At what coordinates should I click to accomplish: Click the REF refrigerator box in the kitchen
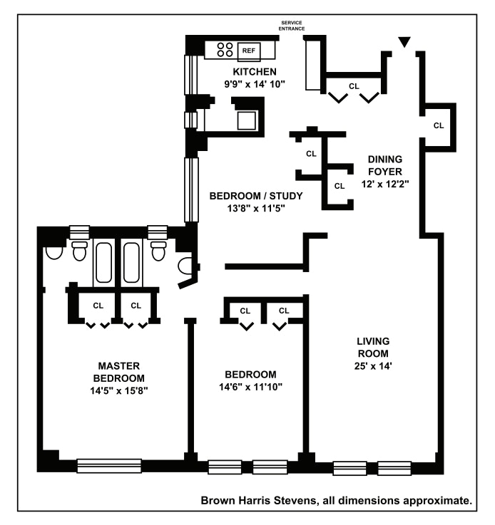coord(249,52)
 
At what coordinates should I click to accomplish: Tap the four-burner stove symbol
coord(225,50)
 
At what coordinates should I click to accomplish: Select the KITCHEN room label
coord(255,72)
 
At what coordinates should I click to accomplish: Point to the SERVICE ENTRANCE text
coord(292,26)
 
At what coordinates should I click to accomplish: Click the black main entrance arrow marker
coord(404,42)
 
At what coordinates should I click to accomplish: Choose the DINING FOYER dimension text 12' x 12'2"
coord(385,184)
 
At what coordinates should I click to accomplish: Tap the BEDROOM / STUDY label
coord(256,196)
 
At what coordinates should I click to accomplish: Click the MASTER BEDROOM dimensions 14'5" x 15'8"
coord(119,390)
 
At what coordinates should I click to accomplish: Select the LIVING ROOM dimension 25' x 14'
coord(373,366)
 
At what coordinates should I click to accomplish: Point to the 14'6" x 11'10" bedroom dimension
coord(250,387)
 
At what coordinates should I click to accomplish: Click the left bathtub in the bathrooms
coord(104,262)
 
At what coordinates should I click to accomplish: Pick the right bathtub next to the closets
coord(131,262)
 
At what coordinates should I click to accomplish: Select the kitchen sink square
coord(246,120)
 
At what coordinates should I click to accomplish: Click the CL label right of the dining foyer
coord(439,125)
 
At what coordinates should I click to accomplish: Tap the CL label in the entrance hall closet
coord(354,86)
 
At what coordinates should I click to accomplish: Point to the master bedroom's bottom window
coord(109,466)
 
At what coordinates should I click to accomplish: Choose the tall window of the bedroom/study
coord(191,190)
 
